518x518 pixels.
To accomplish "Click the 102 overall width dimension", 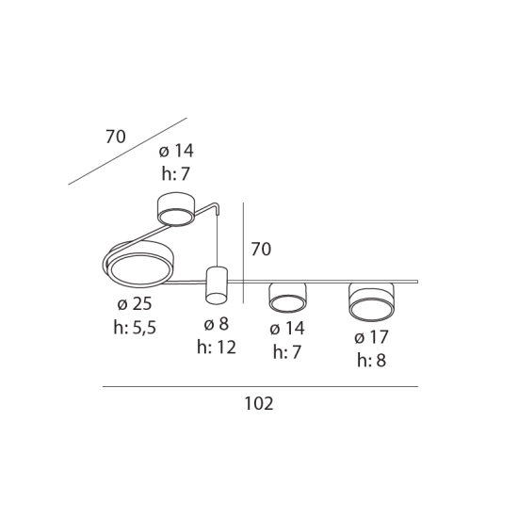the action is coord(259,403).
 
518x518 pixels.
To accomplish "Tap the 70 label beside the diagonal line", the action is coord(116,137).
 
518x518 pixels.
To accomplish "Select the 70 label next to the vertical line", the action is coord(261,249).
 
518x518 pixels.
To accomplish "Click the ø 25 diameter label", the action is coord(135,303).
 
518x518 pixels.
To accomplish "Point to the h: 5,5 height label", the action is coord(135,328).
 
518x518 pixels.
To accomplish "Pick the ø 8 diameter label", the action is coord(217,323).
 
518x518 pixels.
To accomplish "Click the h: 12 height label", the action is coord(217,348).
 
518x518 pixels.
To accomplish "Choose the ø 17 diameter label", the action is coord(372,337).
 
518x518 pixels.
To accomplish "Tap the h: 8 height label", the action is coord(372,361).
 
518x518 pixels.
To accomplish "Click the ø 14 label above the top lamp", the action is coord(176,151).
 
